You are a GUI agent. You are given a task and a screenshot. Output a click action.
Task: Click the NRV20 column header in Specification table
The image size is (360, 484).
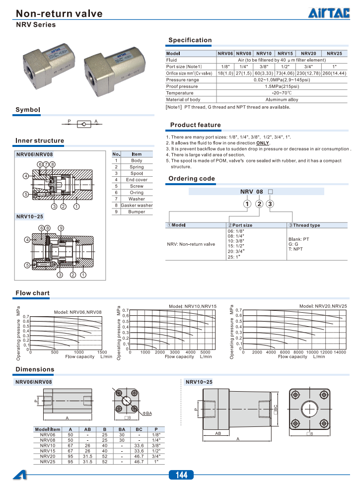click(x=308, y=53)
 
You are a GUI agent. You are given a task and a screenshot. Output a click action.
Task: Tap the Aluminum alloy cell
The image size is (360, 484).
click(x=281, y=100)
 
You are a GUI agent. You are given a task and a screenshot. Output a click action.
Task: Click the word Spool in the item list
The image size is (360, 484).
click(x=137, y=173)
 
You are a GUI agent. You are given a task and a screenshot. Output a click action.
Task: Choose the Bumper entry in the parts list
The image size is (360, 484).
click(x=137, y=211)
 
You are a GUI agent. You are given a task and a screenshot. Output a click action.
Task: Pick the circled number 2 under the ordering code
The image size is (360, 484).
click(x=259, y=204)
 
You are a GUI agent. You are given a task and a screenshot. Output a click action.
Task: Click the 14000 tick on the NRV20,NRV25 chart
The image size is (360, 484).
click(x=340, y=352)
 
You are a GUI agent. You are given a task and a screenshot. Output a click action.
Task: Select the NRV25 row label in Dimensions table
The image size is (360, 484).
click(x=48, y=462)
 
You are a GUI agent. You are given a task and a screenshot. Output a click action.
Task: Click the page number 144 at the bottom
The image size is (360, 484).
click(x=181, y=476)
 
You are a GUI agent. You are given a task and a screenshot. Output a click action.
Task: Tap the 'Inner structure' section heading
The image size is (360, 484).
click(x=40, y=140)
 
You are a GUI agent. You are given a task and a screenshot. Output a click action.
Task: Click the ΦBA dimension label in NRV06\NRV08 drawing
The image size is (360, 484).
click(x=147, y=413)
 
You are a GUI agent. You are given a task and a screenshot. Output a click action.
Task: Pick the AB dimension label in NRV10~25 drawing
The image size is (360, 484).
click(x=217, y=433)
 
